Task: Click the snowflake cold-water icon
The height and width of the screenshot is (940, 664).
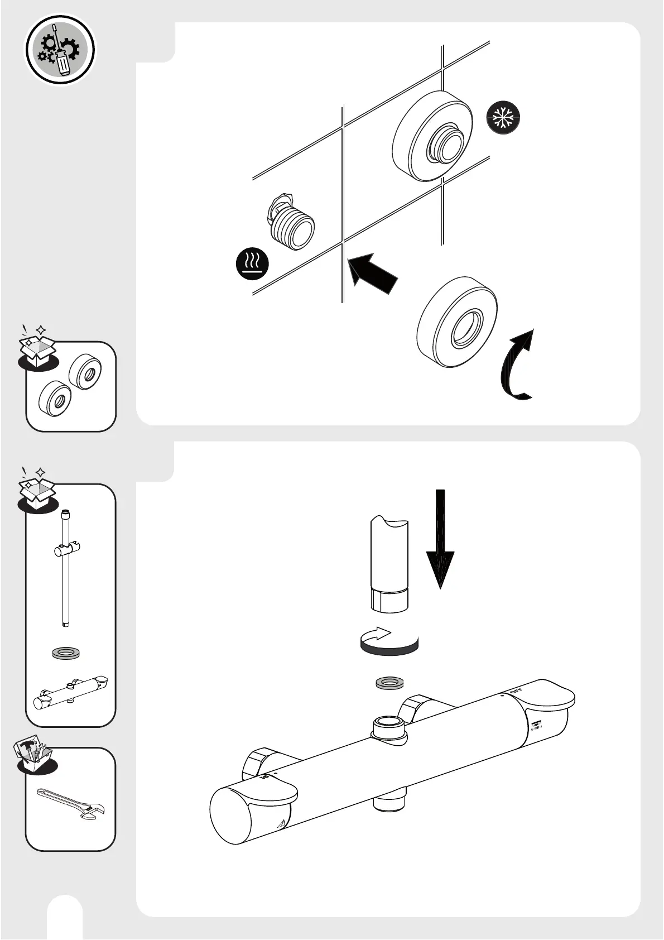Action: (503, 118)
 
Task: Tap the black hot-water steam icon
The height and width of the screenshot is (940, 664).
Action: (252, 263)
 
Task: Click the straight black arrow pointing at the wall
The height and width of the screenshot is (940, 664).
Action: (372, 272)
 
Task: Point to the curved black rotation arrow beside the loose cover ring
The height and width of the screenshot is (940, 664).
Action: (517, 366)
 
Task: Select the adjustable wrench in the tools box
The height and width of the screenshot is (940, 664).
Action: (71, 803)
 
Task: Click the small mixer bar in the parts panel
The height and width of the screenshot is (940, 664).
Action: (70, 693)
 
